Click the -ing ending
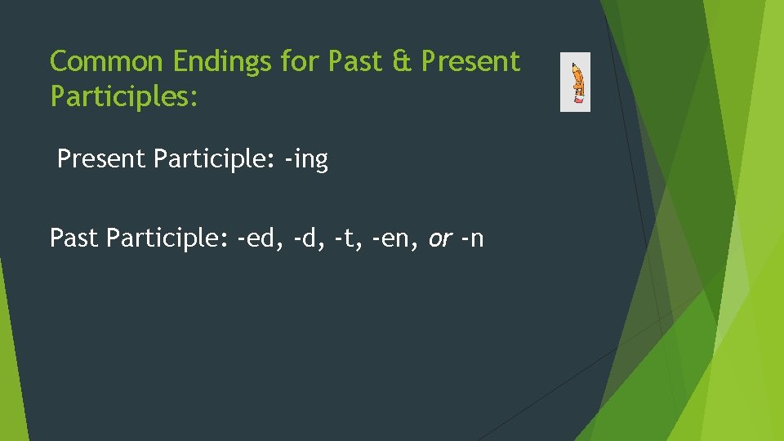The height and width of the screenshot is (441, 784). pos(305,160)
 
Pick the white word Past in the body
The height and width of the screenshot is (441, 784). pos(74,238)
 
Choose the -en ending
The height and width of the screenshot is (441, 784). pos(389,238)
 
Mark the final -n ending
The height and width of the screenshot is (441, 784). pos(472,239)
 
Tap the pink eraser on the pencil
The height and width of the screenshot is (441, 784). pos(579,100)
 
